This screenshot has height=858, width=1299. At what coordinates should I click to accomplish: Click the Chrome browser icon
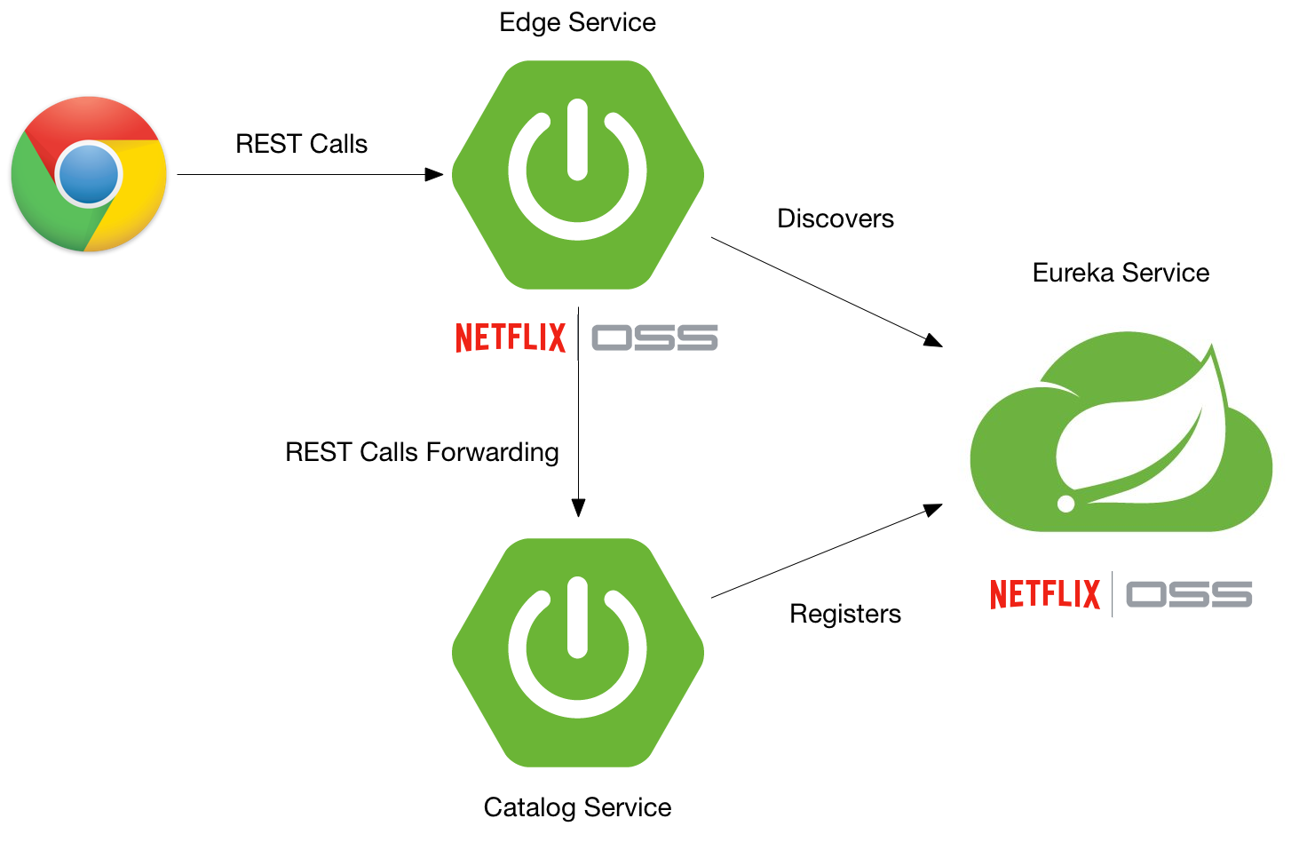(x=89, y=174)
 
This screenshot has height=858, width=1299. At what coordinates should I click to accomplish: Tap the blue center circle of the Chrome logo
(x=89, y=174)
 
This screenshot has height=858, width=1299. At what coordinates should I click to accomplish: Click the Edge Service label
(x=577, y=22)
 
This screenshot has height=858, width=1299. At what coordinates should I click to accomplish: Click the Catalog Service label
(x=577, y=807)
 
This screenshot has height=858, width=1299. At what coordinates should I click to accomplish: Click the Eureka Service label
(x=1121, y=273)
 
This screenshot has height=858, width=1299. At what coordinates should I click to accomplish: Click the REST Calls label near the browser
(x=301, y=144)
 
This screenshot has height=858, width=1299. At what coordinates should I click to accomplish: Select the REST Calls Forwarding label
(x=422, y=452)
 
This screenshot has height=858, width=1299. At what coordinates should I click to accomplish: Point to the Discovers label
(x=835, y=218)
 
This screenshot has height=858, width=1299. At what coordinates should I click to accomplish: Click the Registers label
(x=844, y=614)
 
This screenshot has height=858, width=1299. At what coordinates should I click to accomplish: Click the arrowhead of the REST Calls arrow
(x=434, y=175)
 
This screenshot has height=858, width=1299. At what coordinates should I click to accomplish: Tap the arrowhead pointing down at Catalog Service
(x=578, y=507)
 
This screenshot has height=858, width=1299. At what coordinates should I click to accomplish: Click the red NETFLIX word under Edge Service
(x=511, y=338)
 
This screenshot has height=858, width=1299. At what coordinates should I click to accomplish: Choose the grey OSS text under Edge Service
(x=654, y=338)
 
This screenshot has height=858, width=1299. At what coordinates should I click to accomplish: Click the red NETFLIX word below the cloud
(x=1045, y=594)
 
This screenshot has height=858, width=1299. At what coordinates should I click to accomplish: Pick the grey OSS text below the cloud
(x=1189, y=594)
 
